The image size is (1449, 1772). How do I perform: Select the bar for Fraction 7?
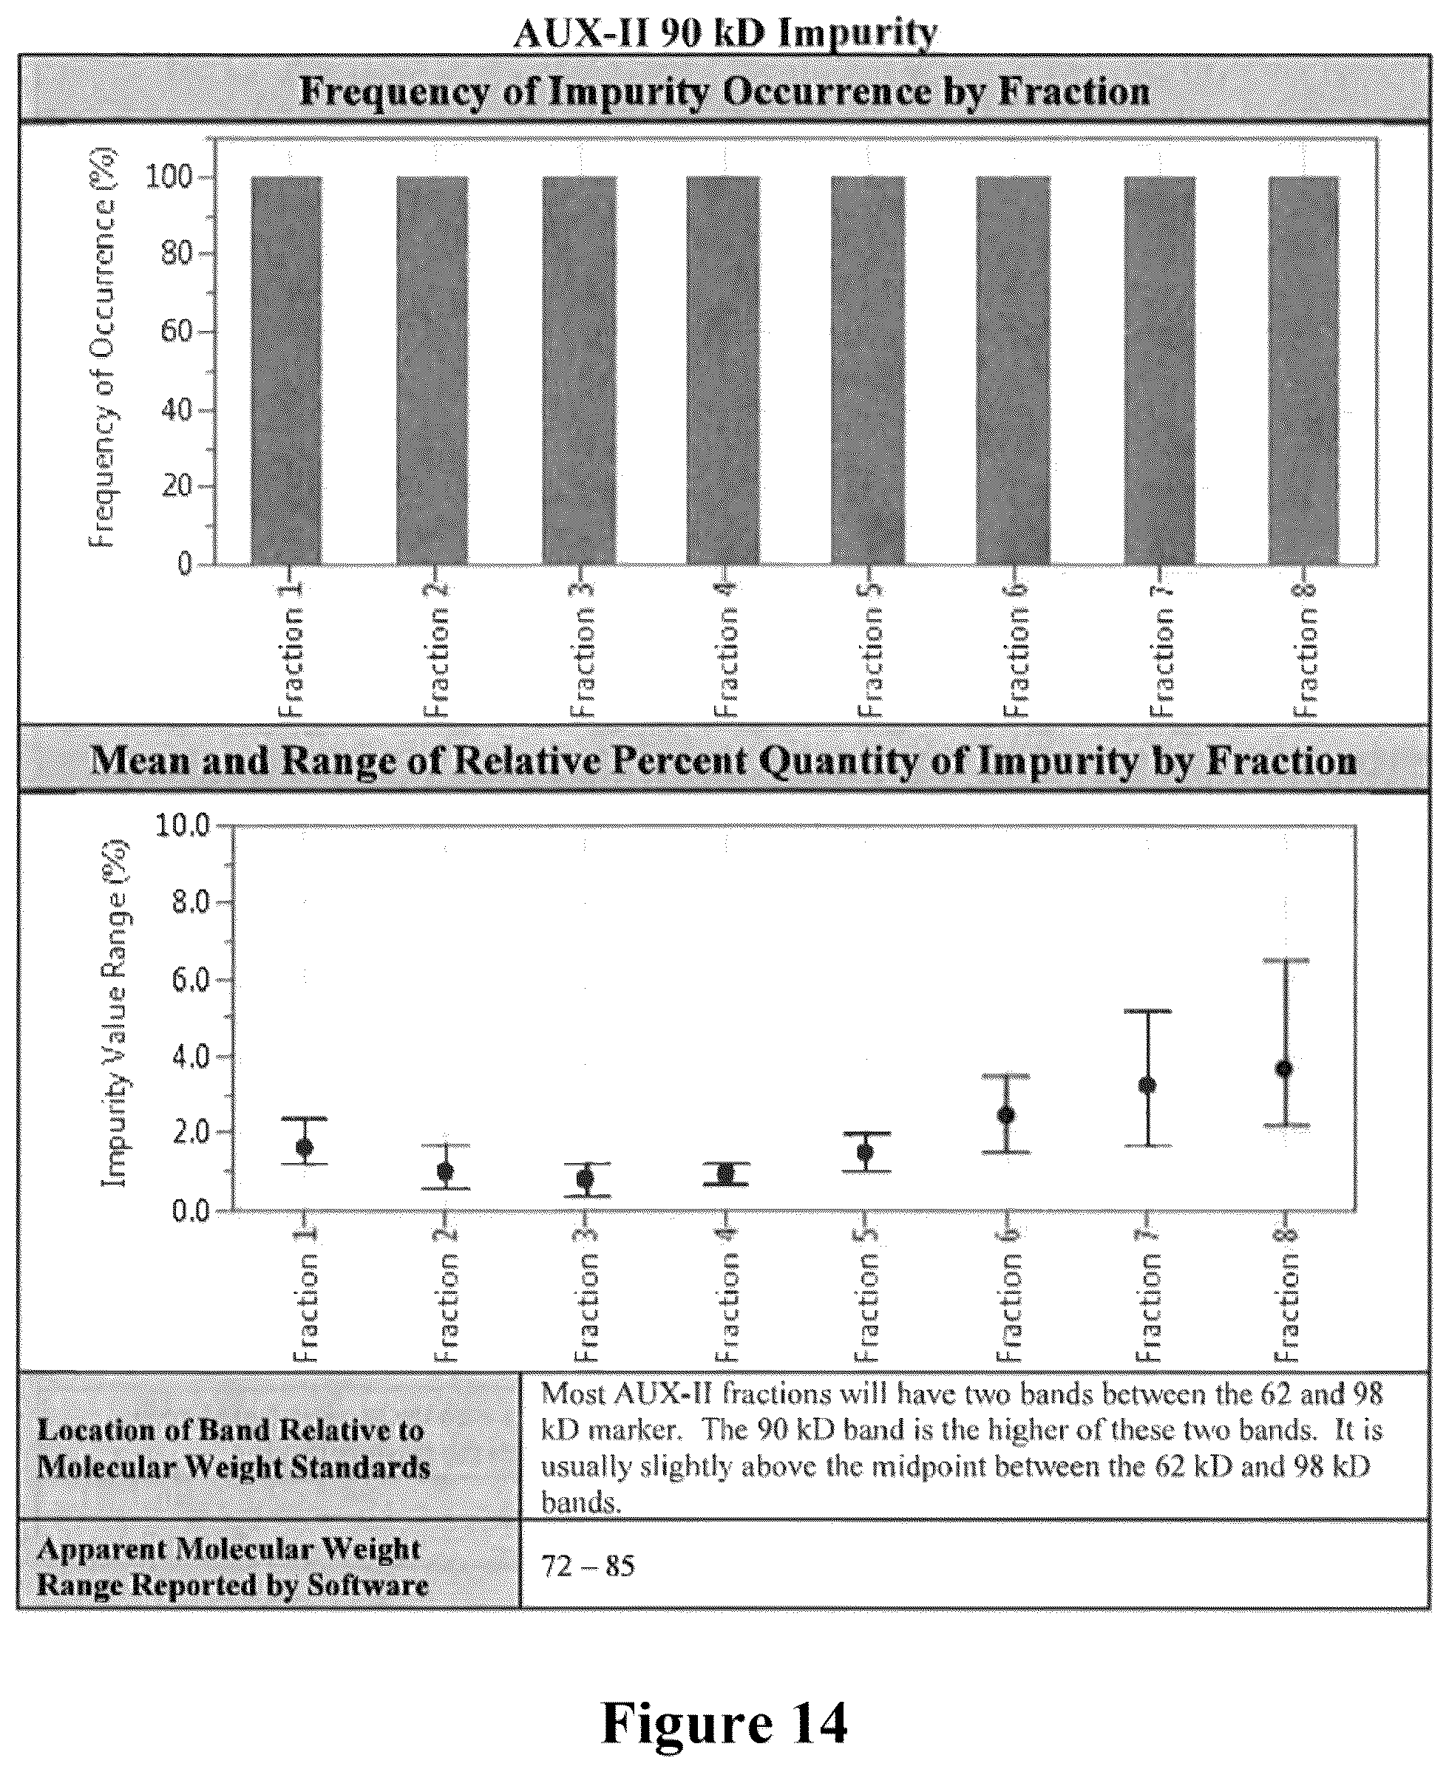click(1159, 370)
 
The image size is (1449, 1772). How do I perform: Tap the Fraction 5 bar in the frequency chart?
click(867, 370)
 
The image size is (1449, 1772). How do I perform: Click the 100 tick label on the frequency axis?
click(170, 177)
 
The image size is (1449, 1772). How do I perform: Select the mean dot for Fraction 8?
click(1285, 1069)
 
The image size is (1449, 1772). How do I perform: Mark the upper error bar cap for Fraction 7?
click(1147, 1011)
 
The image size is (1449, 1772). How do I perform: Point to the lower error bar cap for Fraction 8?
click(1286, 1125)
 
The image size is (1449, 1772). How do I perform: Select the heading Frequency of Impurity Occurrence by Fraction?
click(724, 92)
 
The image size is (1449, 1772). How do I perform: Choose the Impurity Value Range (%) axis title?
click(115, 1014)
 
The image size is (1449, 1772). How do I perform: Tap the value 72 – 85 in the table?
click(588, 1567)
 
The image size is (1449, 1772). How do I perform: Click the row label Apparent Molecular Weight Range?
click(233, 1567)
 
